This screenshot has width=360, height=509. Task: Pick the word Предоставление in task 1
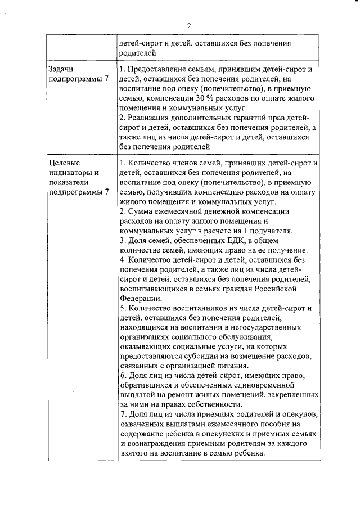coord(158,69)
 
